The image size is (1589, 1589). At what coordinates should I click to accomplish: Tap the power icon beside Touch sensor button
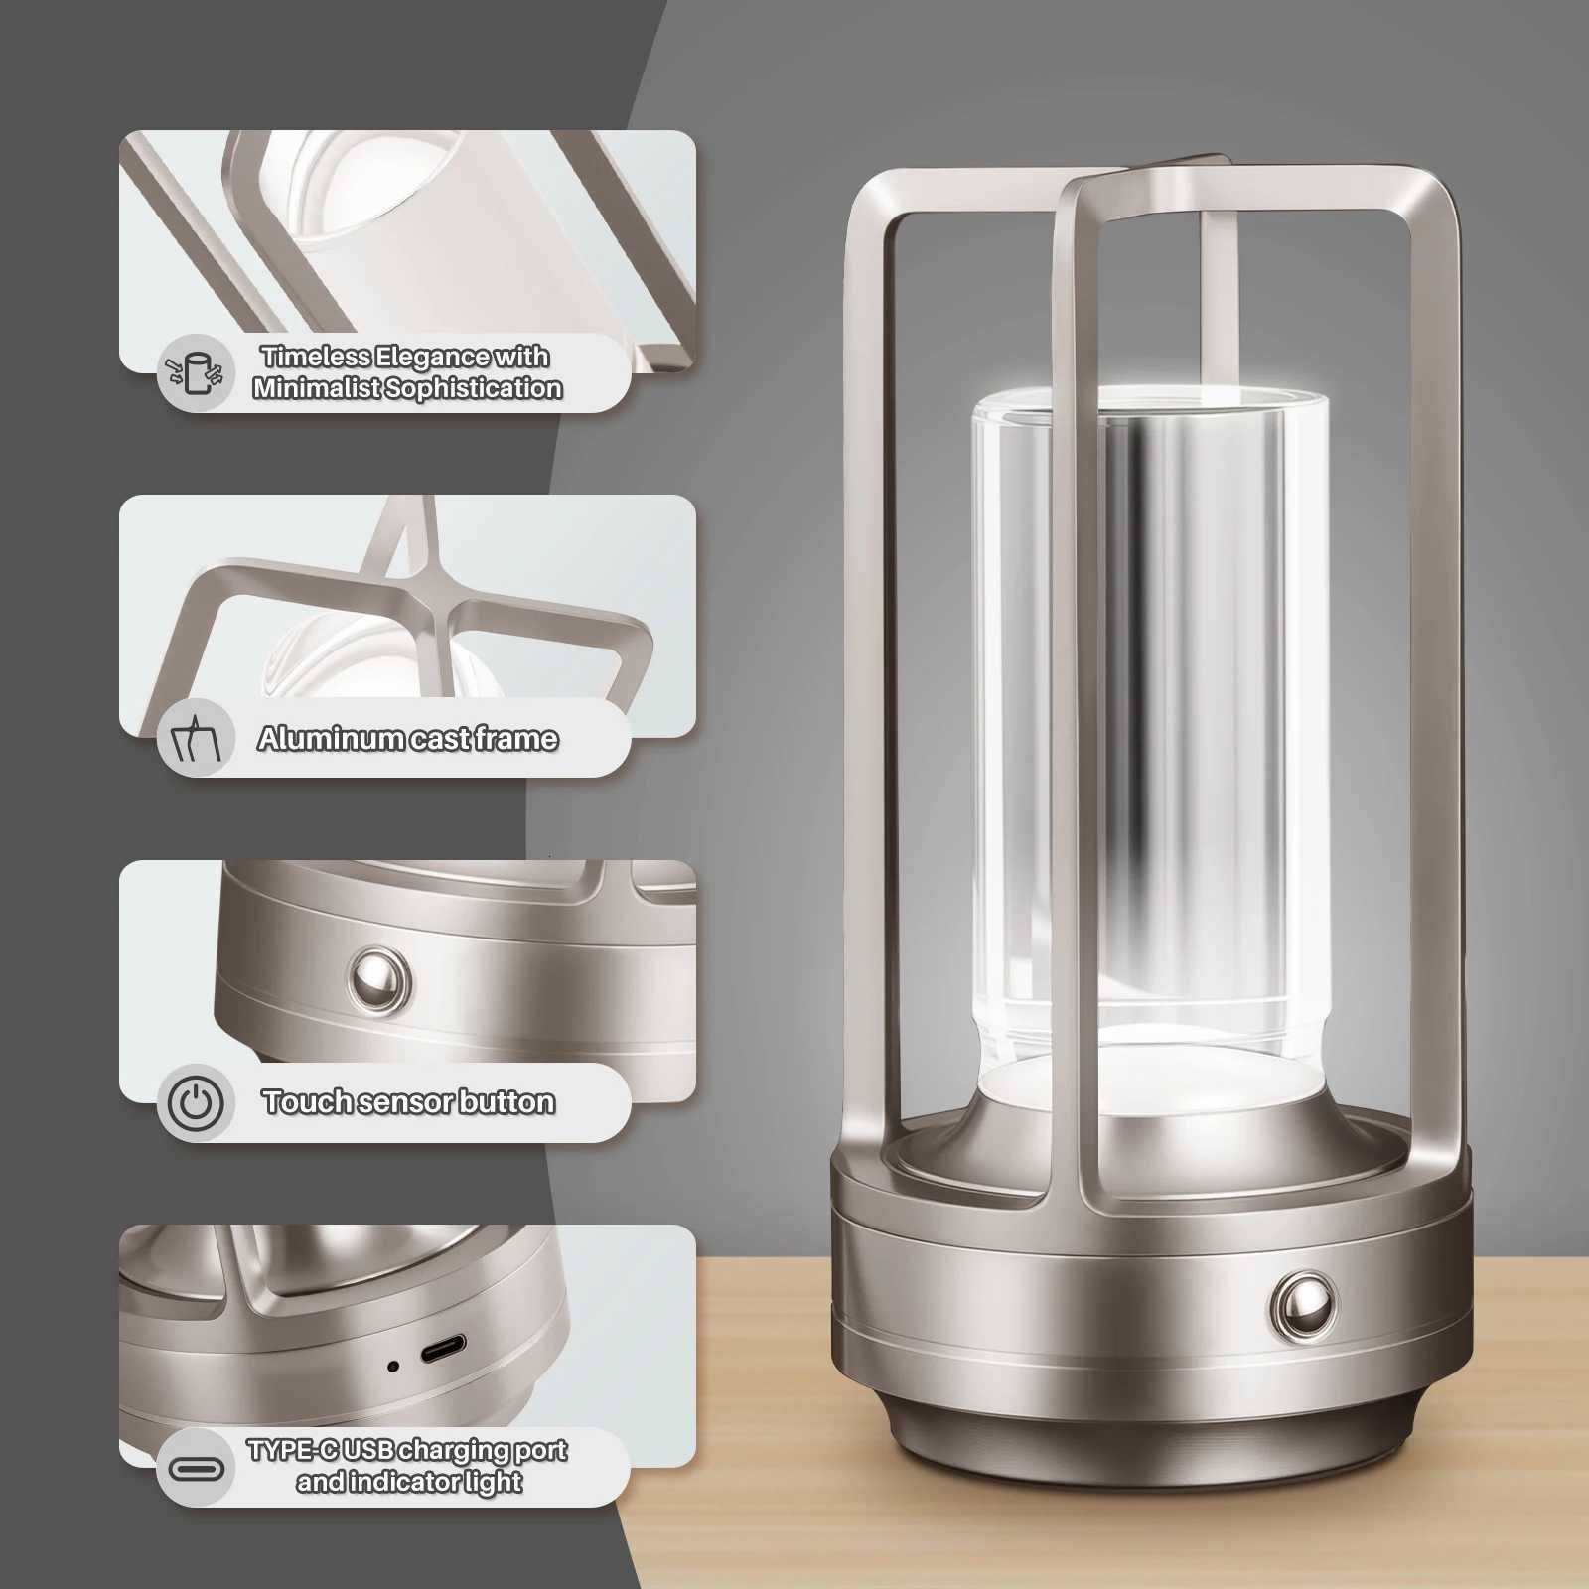point(196,1102)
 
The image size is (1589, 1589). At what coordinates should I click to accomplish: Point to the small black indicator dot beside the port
point(393,1367)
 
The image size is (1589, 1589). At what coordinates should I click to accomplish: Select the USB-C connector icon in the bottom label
point(196,1468)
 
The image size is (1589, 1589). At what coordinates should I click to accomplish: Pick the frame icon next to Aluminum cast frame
point(196,738)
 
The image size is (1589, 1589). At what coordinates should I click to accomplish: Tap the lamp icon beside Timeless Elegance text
point(196,372)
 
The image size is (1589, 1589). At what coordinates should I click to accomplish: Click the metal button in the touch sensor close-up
point(379,977)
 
